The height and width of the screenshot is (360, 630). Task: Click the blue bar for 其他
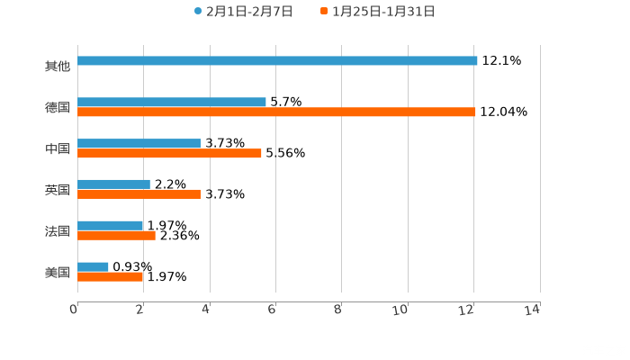point(277,61)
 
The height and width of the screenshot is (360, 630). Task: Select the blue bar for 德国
point(172,102)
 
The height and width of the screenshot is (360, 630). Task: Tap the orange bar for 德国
point(276,112)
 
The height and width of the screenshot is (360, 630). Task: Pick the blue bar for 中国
point(139,143)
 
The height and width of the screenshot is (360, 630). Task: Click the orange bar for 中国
point(169,154)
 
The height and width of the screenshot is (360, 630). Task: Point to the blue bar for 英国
point(113,184)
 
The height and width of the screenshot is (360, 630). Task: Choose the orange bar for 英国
point(139,194)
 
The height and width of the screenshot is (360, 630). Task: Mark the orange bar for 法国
point(116,236)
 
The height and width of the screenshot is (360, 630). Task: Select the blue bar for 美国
point(93,266)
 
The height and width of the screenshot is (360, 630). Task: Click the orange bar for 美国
point(110,277)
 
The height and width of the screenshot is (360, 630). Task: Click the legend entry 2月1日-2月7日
point(243,12)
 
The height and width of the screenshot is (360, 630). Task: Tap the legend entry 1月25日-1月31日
point(377,12)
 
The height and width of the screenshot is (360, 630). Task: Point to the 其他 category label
point(58,66)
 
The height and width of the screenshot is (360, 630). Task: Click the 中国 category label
point(58,148)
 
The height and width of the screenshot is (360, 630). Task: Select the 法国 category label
point(58,231)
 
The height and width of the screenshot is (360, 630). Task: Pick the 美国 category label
point(58,272)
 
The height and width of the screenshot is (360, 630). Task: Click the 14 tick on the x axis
point(533,310)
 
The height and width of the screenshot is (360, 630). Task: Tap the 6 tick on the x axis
point(272,310)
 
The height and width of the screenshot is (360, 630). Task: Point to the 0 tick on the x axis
point(74,310)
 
